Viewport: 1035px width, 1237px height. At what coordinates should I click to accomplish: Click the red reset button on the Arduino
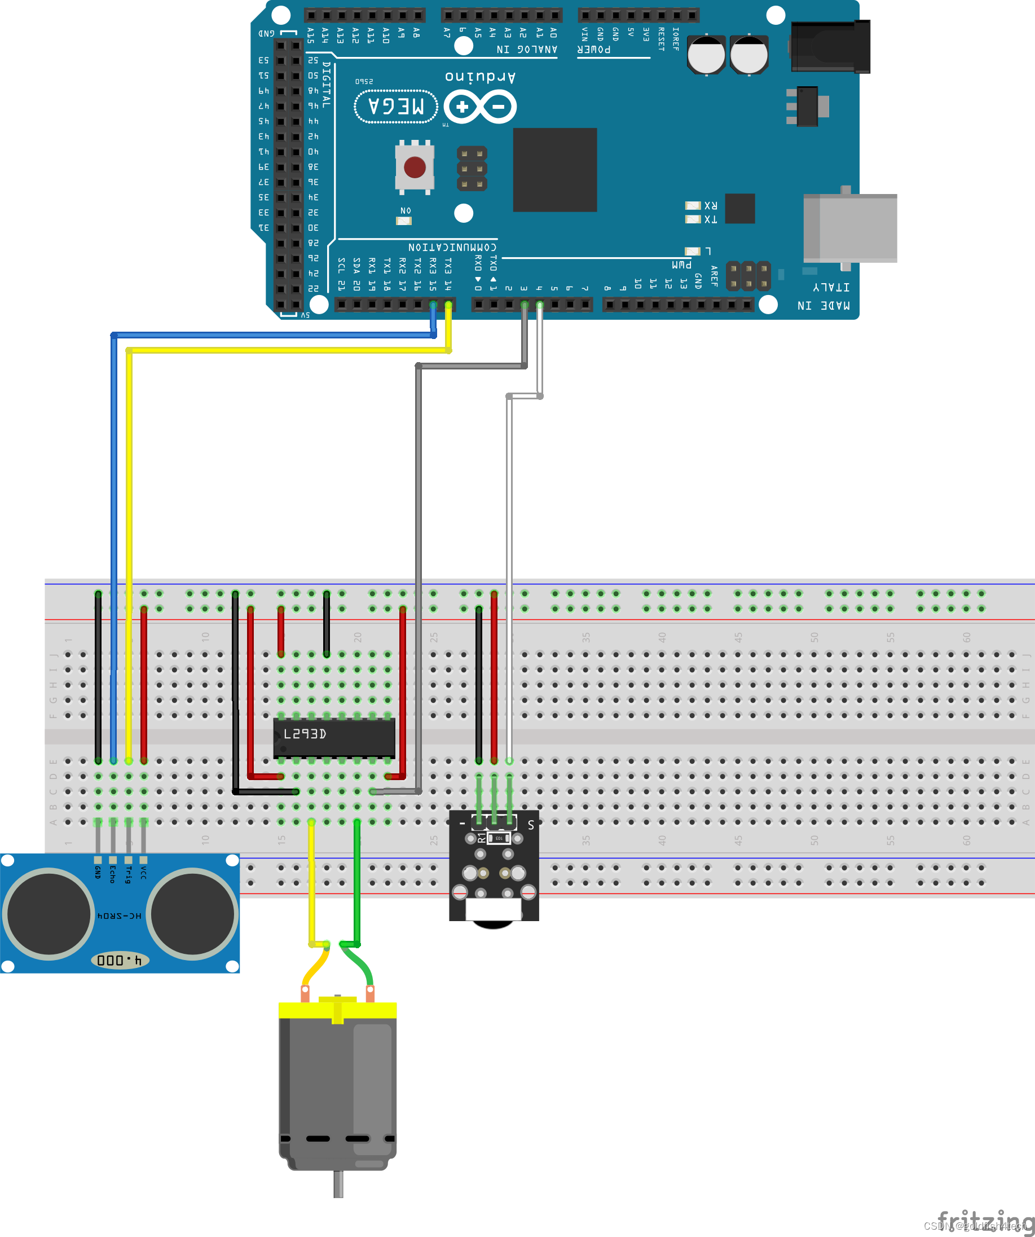coord(415,168)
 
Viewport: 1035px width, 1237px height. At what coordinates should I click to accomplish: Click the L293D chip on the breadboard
coord(334,737)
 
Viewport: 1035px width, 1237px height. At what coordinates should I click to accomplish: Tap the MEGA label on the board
coord(396,107)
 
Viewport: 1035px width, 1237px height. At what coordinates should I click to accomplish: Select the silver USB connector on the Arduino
coord(850,228)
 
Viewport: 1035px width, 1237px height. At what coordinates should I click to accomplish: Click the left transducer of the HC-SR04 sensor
coord(49,914)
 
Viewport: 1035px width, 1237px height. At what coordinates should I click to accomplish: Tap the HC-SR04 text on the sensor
coord(119,916)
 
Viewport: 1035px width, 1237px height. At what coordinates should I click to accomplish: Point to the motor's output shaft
coord(338,1184)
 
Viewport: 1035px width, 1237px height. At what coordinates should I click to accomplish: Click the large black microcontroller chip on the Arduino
coord(555,170)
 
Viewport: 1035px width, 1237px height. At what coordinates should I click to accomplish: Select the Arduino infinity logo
coord(480,107)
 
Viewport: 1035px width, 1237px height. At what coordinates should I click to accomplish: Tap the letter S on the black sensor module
coord(531,825)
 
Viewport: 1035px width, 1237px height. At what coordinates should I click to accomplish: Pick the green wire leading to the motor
coord(357,883)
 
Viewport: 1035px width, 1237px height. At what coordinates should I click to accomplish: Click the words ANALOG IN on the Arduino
coord(527,50)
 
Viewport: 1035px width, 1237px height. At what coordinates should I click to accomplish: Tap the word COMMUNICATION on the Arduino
coord(452,247)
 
